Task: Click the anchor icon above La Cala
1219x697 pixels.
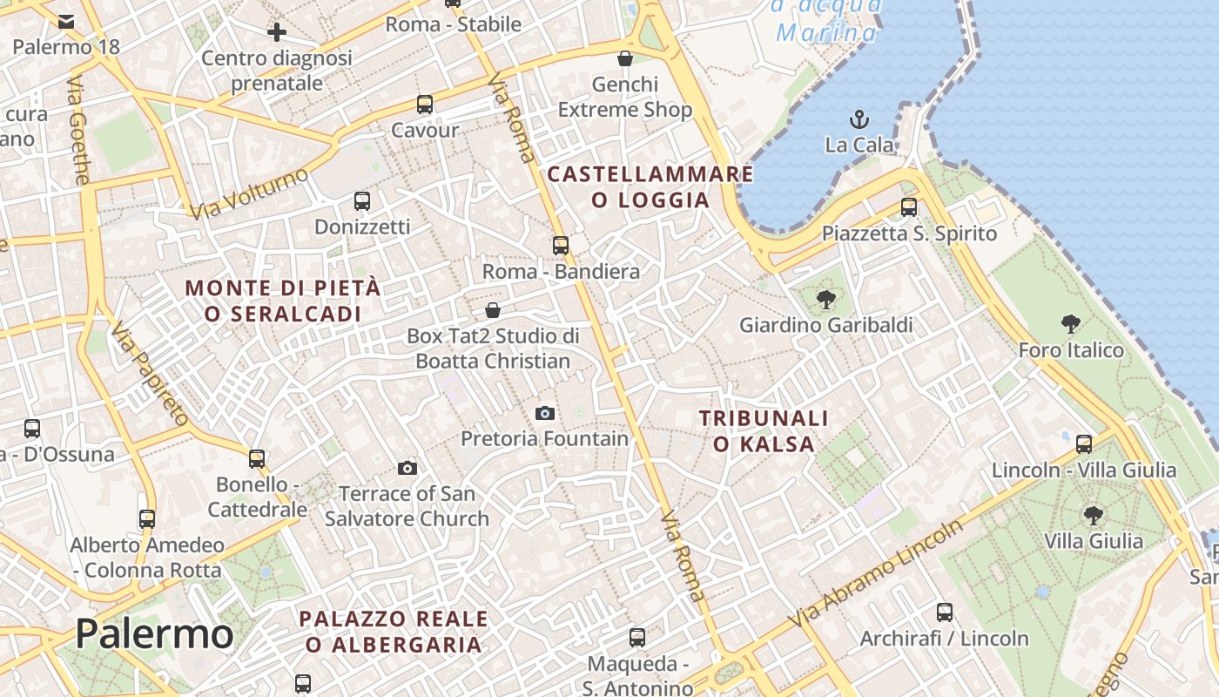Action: click(859, 118)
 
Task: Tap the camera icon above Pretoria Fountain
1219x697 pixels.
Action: click(545, 413)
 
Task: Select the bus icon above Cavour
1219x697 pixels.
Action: click(425, 105)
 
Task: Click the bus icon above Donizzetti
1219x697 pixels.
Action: click(362, 201)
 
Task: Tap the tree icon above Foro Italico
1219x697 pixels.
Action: click(1071, 325)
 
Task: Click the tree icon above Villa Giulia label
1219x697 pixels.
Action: click(1093, 516)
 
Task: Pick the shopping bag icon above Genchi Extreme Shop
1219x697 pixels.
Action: click(624, 59)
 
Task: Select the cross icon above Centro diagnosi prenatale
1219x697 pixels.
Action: click(277, 33)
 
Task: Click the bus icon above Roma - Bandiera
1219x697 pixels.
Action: click(561, 246)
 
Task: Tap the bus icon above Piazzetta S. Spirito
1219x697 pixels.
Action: click(909, 207)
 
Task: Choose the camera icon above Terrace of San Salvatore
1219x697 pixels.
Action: click(407, 469)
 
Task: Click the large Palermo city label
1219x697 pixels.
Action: click(154, 633)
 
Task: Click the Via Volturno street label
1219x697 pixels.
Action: click(249, 193)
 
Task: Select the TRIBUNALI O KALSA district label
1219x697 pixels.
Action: click(764, 431)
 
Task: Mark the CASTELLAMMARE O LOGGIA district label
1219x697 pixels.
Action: click(650, 186)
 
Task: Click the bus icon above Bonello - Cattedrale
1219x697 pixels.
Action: click(257, 458)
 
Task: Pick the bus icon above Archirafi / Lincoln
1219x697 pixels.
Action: click(945, 612)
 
